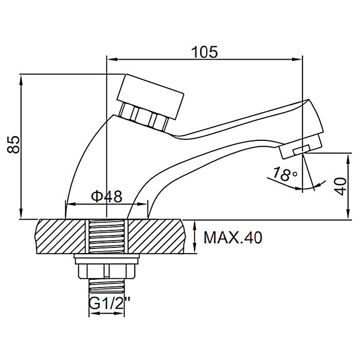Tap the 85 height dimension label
pos(13,145)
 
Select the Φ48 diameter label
pos(106,196)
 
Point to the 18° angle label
pos(284,174)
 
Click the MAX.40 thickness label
pos(232,238)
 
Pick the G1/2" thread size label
pos(109,303)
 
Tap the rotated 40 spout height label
pos(340,186)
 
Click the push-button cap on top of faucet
pos(150,96)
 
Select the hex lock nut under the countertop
pos(106,271)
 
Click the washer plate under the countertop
pos(106,259)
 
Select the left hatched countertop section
pos(61,237)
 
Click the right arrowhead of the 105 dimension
pos(297,59)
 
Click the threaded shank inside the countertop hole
pos(107,237)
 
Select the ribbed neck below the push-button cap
pos(143,117)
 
